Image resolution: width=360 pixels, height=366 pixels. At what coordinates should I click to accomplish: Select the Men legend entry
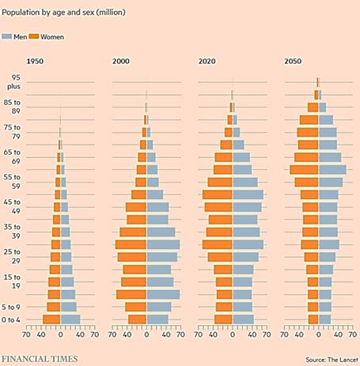pos(18,36)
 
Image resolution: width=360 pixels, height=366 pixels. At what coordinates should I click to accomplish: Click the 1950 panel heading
pos(35,62)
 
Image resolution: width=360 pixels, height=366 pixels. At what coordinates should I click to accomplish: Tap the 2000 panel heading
pos(121,62)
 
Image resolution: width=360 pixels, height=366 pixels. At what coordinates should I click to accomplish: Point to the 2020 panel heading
pos(207,62)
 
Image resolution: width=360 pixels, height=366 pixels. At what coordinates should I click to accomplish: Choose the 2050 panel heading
pos(294,62)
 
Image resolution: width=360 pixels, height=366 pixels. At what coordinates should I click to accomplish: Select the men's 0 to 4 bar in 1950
pos(70,319)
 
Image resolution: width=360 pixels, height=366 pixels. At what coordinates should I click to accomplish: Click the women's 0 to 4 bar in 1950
pos(51,319)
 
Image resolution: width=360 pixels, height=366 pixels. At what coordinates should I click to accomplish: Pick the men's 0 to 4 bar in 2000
pos(157,319)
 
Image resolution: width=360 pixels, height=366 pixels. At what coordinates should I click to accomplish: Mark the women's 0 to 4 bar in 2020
pos(223,319)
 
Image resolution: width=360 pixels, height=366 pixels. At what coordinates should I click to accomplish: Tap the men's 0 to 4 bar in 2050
pos(324,319)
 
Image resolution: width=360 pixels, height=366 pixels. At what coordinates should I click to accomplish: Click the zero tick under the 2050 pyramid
pos(318,333)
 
